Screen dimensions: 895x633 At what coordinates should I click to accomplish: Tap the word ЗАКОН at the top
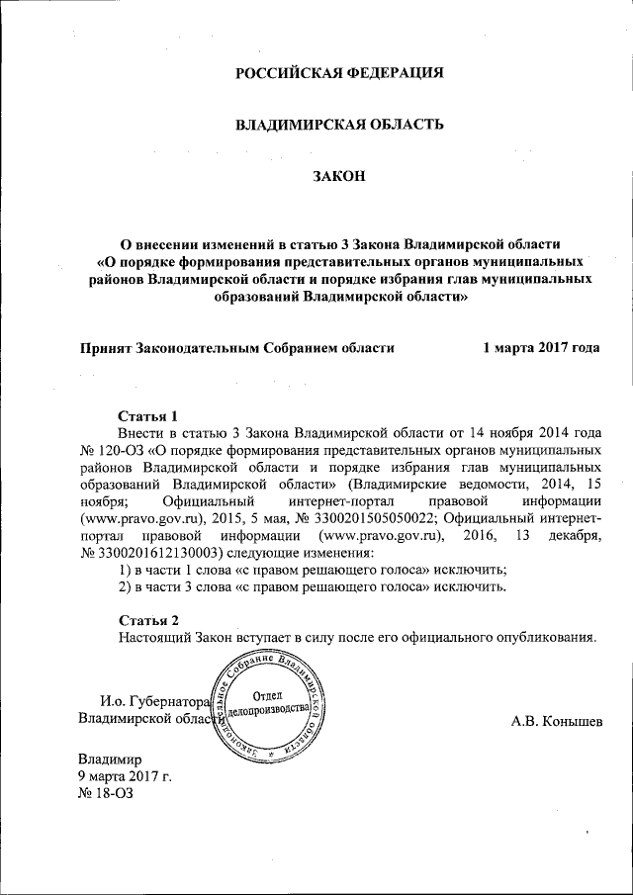point(338,176)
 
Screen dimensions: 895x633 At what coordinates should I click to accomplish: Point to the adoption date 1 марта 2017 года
point(541,348)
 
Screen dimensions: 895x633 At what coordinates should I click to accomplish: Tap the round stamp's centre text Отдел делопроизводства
point(271,703)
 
